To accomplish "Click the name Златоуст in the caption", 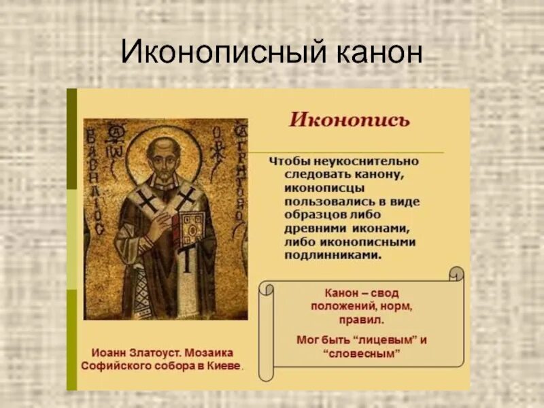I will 152,352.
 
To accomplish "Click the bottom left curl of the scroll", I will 266,371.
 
